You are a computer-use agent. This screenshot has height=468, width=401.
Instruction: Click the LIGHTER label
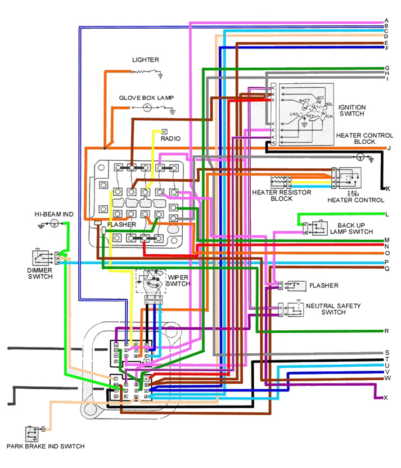tap(145, 60)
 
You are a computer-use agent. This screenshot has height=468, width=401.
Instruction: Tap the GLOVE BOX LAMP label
tap(146, 98)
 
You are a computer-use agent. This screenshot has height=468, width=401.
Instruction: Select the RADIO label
tap(170, 138)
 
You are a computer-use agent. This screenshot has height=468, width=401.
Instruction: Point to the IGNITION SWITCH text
tap(352, 110)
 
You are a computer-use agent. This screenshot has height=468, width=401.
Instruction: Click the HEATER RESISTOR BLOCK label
tap(274, 196)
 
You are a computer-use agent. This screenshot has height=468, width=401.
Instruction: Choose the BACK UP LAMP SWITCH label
tap(352, 228)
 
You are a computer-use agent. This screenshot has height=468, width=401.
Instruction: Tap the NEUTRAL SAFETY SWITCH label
tap(333, 309)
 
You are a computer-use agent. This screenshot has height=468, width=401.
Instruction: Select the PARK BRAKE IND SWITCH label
tap(46, 447)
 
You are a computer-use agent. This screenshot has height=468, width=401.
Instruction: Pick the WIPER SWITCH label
tap(177, 280)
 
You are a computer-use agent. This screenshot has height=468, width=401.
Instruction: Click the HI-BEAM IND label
tap(53, 214)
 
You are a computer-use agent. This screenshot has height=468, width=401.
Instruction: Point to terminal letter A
tap(387, 21)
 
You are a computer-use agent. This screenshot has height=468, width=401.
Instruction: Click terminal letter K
tap(387, 188)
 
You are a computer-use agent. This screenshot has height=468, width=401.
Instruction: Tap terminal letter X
tap(386, 398)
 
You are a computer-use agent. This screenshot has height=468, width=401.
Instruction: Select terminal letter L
tap(387, 214)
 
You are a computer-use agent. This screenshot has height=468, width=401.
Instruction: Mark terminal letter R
tap(387, 331)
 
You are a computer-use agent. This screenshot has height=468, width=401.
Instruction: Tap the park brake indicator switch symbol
tap(32, 433)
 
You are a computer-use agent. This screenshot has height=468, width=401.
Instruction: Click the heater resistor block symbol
tap(279, 182)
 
